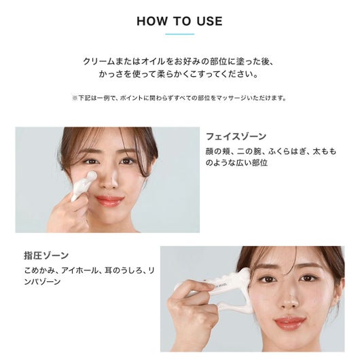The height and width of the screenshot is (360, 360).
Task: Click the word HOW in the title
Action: coord(152,21)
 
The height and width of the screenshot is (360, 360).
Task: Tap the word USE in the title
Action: coord(209,21)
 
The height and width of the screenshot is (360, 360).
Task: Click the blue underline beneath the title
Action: coord(180,34)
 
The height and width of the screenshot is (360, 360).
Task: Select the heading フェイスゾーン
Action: coord(236,137)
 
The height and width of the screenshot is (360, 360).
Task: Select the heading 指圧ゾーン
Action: coord(46,255)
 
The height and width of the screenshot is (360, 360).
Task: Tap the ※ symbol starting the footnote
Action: coord(75,98)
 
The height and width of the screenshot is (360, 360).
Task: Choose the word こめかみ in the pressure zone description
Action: coord(39,270)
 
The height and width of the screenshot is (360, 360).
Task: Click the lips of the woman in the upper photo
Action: coord(109,200)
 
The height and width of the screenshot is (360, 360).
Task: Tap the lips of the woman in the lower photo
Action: coord(290,323)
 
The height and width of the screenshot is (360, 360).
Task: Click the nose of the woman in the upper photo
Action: coord(110,180)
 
